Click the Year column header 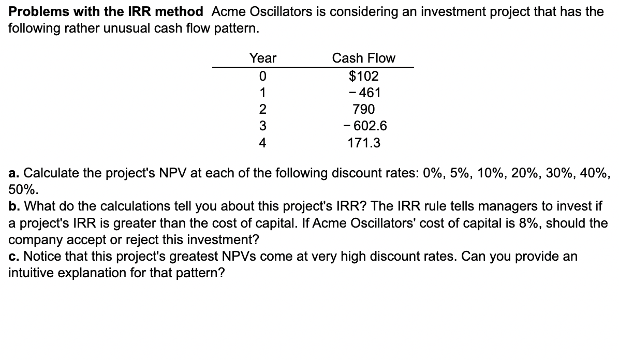[262, 58]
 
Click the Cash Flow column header [363, 58]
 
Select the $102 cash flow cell [364, 77]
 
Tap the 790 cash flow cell [364, 110]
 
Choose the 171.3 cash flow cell [364, 143]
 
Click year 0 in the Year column [262, 77]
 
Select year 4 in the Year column [262, 143]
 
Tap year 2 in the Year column [262, 110]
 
